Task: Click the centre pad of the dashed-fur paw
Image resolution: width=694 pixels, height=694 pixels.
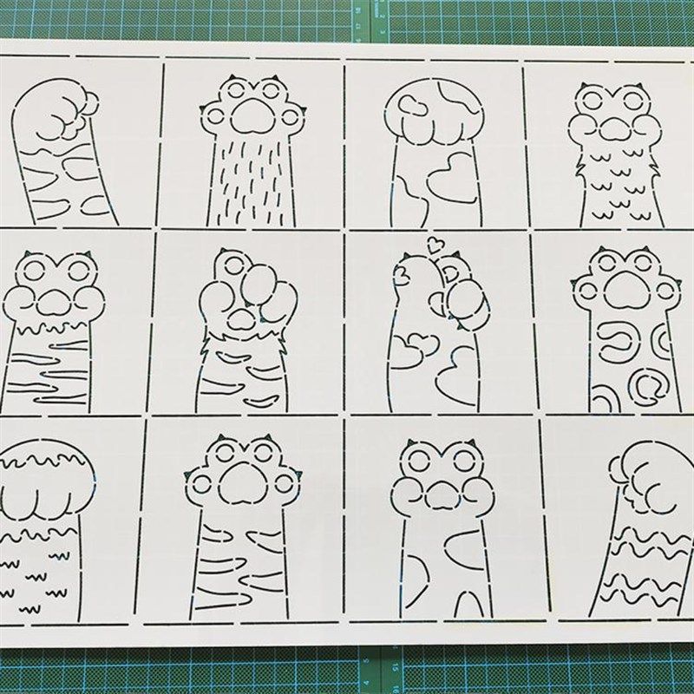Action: [x=252, y=114]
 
